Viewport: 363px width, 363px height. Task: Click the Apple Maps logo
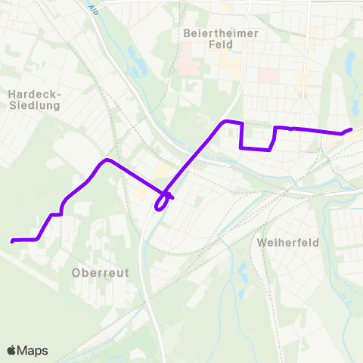[27, 350]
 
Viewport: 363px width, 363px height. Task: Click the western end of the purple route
[13, 241]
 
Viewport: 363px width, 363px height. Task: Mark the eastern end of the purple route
[351, 129]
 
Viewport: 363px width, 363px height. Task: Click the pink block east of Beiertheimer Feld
[268, 76]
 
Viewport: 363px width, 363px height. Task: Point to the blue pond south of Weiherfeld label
[242, 272]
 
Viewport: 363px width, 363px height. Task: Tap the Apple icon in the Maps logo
[11, 350]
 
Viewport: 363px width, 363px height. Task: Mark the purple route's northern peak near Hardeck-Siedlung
[108, 160]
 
